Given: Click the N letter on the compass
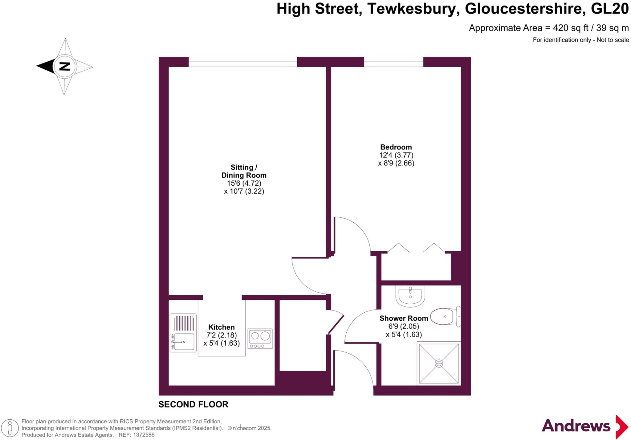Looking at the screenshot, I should pos(64,66).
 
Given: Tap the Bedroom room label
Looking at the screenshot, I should pos(396,147).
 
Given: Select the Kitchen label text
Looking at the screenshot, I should pos(221,327).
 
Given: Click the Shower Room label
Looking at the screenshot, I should pos(404,318).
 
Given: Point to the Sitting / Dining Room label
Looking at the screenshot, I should pos(244,171).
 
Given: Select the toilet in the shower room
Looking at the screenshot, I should pos(444,316).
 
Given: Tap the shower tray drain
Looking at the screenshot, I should pos(439,364).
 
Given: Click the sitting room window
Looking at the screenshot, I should pos(243,62).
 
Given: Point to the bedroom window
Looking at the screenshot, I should pos(393,62).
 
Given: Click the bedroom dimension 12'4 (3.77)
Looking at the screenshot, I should pos(396,155).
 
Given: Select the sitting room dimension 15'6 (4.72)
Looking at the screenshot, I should pos(244,183).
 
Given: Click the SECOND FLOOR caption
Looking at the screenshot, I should pos(193,404).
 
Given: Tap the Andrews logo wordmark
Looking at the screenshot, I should pos(576,426).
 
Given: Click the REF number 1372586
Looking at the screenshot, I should pos(143,435).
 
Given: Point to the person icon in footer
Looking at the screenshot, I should pos(10,428).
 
